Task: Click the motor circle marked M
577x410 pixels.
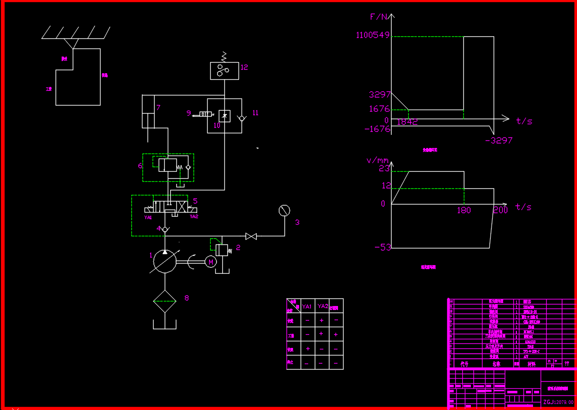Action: click(x=211, y=261)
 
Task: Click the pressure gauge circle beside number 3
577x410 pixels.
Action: click(x=284, y=211)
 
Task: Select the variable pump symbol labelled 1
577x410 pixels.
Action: click(x=165, y=262)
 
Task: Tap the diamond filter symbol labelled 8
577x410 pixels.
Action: click(x=165, y=301)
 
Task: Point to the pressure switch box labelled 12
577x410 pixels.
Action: click(x=224, y=71)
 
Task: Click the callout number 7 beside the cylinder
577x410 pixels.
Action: click(x=158, y=108)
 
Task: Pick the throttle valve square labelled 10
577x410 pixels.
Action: click(x=225, y=116)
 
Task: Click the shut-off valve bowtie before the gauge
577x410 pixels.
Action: click(x=251, y=236)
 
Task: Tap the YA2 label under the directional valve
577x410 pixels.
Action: click(x=194, y=217)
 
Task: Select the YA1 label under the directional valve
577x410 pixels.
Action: click(x=148, y=218)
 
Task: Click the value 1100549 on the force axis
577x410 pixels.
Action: click(x=373, y=35)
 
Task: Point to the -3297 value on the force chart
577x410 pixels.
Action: click(x=498, y=140)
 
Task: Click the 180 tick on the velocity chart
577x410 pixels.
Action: click(x=464, y=210)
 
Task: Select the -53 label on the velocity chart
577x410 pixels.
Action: click(x=382, y=247)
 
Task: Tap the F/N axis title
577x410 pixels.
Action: click(x=379, y=17)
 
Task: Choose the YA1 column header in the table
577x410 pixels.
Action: click(x=307, y=306)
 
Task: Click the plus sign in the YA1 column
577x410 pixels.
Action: click(x=308, y=348)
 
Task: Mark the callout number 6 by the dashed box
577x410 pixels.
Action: click(x=140, y=165)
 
